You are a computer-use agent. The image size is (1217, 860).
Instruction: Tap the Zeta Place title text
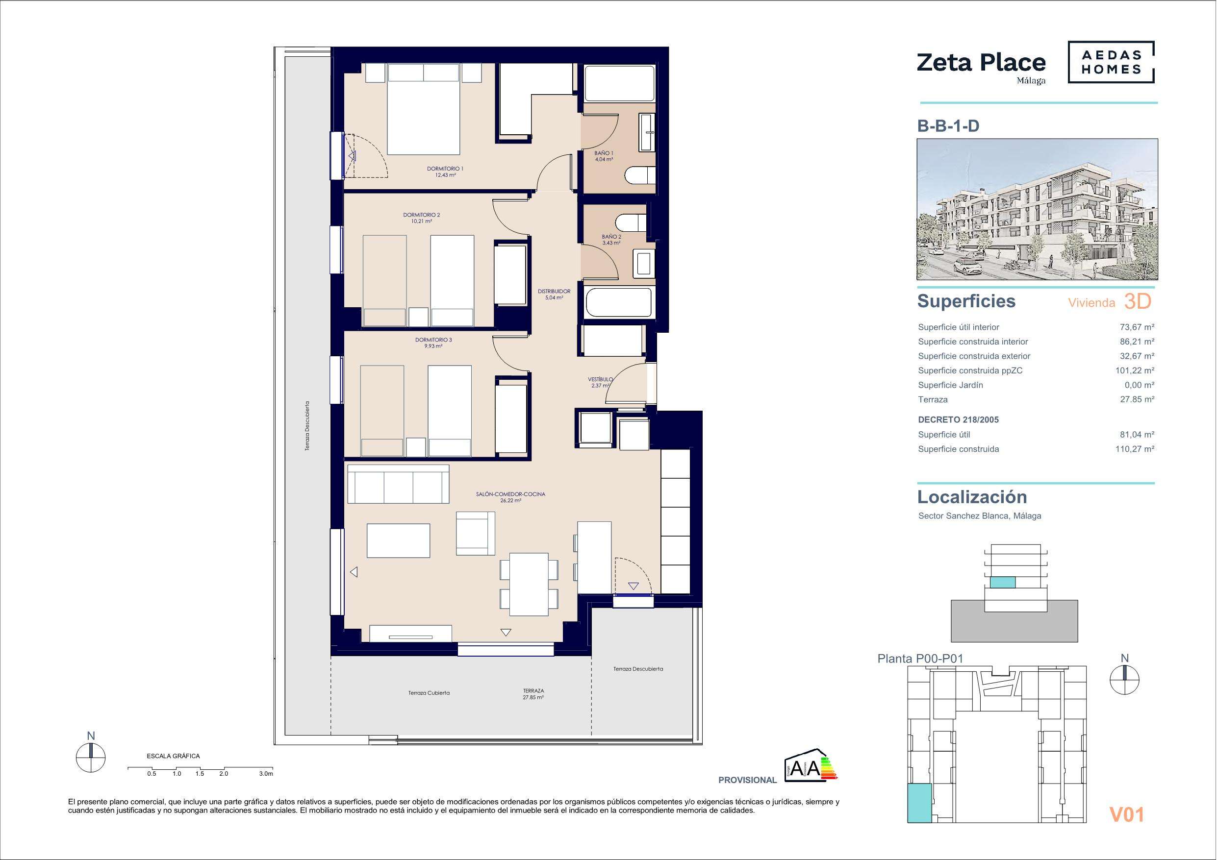click(x=981, y=63)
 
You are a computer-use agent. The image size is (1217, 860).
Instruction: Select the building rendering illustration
click(x=1038, y=209)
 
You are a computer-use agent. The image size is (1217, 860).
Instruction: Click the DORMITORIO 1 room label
click(x=445, y=172)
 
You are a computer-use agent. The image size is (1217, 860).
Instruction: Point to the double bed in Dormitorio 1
click(x=423, y=109)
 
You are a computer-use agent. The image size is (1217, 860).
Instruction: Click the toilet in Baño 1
click(x=640, y=175)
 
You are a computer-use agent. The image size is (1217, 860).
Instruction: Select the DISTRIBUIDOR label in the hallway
click(x=554, y=294)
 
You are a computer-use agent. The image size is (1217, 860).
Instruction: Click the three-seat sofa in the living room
click(x=398, y=484)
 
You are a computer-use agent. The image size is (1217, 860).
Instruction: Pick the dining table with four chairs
click(x=529, y=584)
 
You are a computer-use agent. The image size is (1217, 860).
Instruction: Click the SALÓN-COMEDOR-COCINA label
click(x=510, y=497)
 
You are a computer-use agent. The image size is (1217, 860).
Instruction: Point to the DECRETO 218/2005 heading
click(x=958, y=419)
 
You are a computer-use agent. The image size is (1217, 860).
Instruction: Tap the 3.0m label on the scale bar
click(x=266, y=774)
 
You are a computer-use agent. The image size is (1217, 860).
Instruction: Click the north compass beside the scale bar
click(x=91, y=757)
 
